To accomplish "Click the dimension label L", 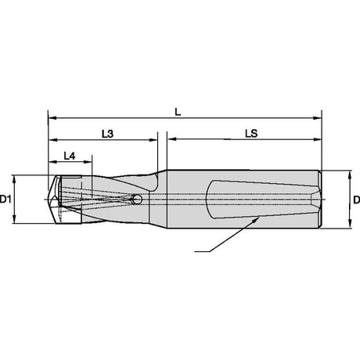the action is tap(178, 112).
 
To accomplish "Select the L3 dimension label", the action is tap(107, 134).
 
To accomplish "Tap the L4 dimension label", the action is tap(70, 156).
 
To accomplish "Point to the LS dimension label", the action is tap(251, 134).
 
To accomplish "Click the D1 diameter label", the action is tap(5, 200).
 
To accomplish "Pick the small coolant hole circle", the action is tap(137, 200).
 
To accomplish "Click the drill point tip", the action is tap(49, 200).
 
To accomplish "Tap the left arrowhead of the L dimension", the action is tap(52, 118).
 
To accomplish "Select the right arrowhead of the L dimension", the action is tap(317, 118).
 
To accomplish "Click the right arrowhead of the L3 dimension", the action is tap(153, 140).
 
